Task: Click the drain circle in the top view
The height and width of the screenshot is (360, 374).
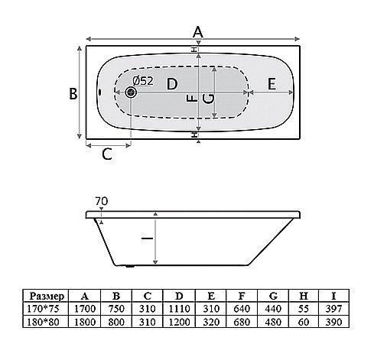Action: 132,92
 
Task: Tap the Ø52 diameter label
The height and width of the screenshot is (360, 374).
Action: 143,81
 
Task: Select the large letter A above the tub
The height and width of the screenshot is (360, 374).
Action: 198,32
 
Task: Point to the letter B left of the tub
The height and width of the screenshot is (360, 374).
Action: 73,93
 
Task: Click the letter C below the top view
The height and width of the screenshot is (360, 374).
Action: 107,154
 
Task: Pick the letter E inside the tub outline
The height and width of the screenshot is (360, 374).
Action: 272,84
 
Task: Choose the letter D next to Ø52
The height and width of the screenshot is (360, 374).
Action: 172,84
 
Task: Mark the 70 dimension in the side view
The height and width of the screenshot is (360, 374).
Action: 102,201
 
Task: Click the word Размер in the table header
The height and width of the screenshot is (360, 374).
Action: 47,297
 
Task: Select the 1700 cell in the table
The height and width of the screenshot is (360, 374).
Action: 85,309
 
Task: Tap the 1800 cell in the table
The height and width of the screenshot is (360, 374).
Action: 85,322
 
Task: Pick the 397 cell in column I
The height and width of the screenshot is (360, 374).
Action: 333,309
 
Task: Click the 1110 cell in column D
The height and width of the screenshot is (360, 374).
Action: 180,309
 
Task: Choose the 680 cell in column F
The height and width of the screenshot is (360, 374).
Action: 242,322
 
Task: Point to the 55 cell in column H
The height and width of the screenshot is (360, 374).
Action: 304,309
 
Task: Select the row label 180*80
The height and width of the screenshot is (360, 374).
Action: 43,322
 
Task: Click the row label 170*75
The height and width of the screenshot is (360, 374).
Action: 43,309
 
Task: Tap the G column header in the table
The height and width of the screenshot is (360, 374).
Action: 273,296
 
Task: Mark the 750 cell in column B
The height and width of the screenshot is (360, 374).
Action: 116,309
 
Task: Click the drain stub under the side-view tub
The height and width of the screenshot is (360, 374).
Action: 131,266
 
